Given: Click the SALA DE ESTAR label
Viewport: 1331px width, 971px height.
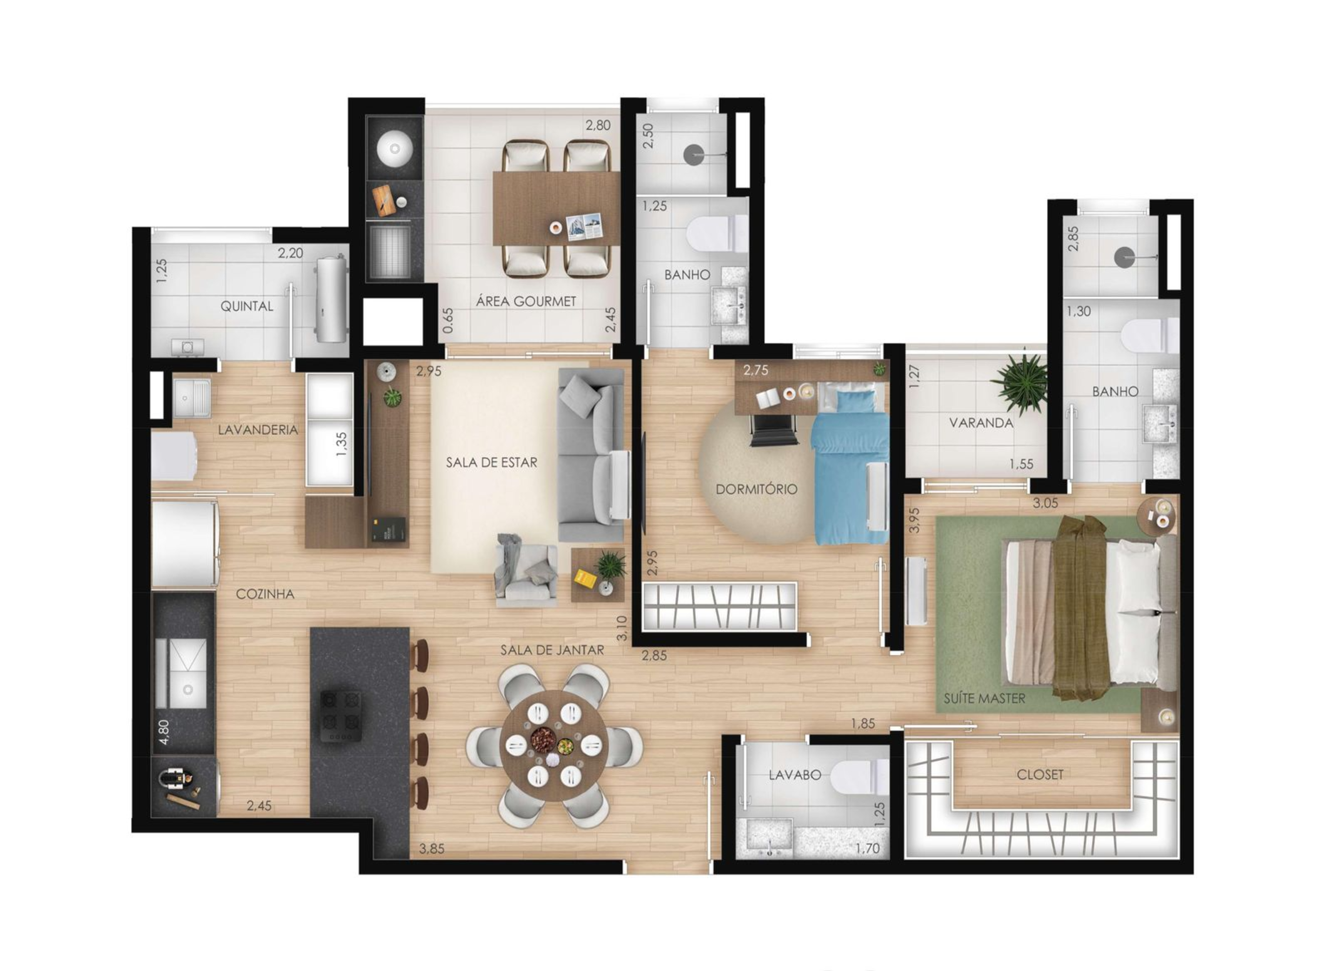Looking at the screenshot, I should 491,463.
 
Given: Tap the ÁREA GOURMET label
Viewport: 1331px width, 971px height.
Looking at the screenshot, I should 526,301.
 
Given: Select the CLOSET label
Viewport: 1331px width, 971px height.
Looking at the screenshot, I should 1039,775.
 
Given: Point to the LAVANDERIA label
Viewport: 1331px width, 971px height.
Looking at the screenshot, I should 257,430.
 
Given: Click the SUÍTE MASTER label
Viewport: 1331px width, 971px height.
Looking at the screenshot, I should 984,699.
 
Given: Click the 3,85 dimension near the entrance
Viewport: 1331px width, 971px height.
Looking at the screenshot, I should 432,849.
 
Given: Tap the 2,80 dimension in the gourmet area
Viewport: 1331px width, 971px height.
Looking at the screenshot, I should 598,125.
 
